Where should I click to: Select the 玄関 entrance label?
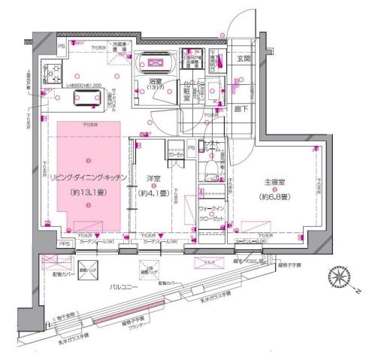pyautogui.click(x=245, y=59)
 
